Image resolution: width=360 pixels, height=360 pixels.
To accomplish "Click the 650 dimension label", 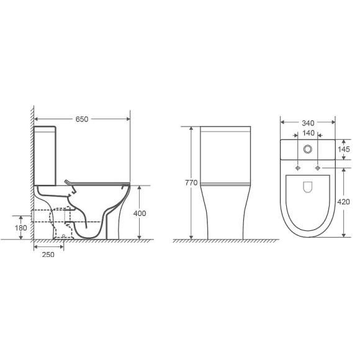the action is (82, 119).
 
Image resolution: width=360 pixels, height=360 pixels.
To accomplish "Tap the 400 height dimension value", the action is (140, 214).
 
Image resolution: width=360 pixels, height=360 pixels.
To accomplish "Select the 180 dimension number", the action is (21, 228).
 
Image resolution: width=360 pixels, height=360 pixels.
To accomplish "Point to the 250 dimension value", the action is (48, 254).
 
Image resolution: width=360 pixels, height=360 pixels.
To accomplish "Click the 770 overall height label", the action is (191, 182).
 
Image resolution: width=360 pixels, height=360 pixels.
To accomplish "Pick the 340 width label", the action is (308, 124).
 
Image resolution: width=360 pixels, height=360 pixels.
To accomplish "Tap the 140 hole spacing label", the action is (308, 133).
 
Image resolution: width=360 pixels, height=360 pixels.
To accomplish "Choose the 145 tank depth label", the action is (344, 150).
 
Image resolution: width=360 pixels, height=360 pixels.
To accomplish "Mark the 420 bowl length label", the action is (343, 202).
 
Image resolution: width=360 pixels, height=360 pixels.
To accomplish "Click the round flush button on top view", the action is (308, 149).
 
